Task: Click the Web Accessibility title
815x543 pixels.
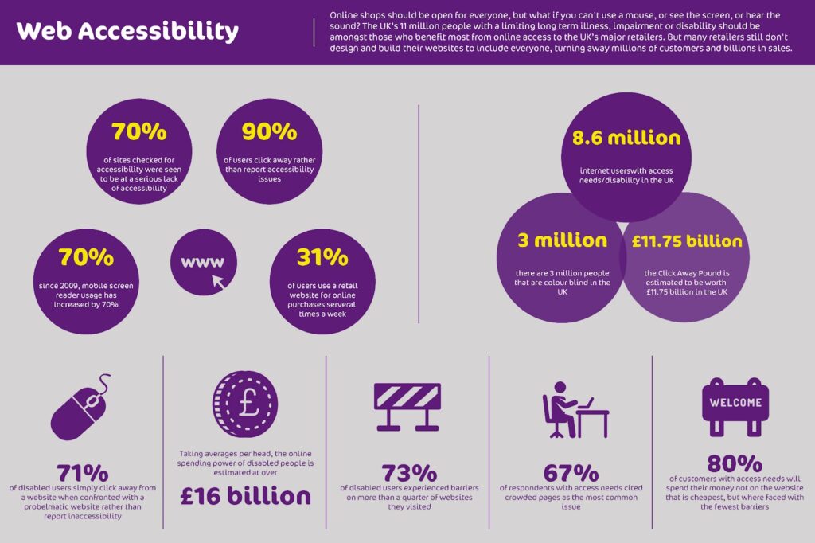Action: click(x=127, y=32)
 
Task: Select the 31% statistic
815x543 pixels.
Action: click(x=322, y=258)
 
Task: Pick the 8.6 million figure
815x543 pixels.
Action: click(x=626, y=138)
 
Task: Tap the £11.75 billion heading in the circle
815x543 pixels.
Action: click(x=686, y=241)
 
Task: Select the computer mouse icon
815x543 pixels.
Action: click(x=78, y=408)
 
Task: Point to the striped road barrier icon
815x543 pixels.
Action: click(x=407, y=406)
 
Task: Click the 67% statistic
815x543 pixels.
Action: click(x=571, y=474)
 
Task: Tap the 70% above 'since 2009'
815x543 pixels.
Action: click(x=86, y=258)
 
